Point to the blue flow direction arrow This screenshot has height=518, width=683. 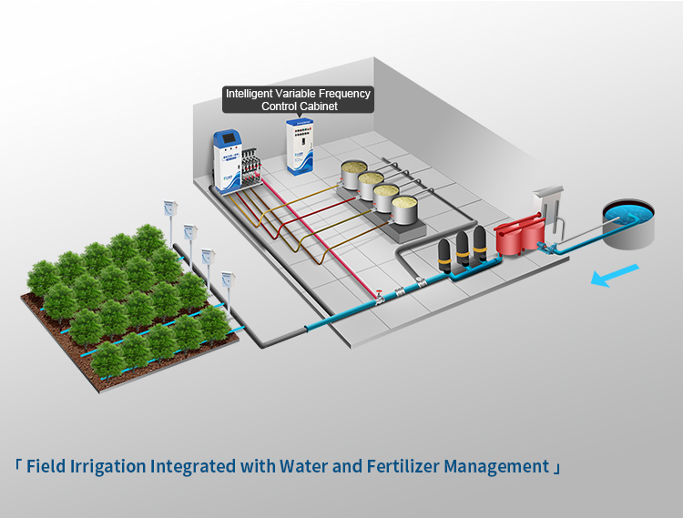click(615, 274)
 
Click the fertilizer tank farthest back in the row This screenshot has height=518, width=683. click(353, 173)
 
